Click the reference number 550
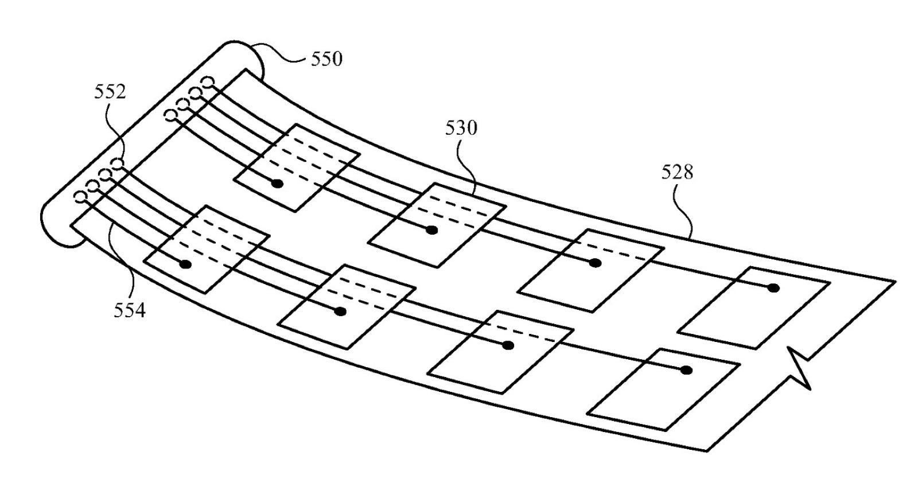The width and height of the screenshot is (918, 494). point(326,59)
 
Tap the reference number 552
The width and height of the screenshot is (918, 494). point(110,92)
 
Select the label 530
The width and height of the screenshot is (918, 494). point(461,129)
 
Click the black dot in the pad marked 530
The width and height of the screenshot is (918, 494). point(432,230)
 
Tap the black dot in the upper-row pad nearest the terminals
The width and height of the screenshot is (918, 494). point(277,184)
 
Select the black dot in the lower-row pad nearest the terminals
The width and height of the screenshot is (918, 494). point(185,264)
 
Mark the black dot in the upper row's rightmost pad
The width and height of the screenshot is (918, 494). point(773,287)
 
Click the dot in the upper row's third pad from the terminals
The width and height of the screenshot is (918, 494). point(595,263)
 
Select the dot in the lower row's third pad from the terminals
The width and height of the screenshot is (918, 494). point(507,345)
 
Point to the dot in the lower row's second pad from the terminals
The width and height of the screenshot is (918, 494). point(340,312)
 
